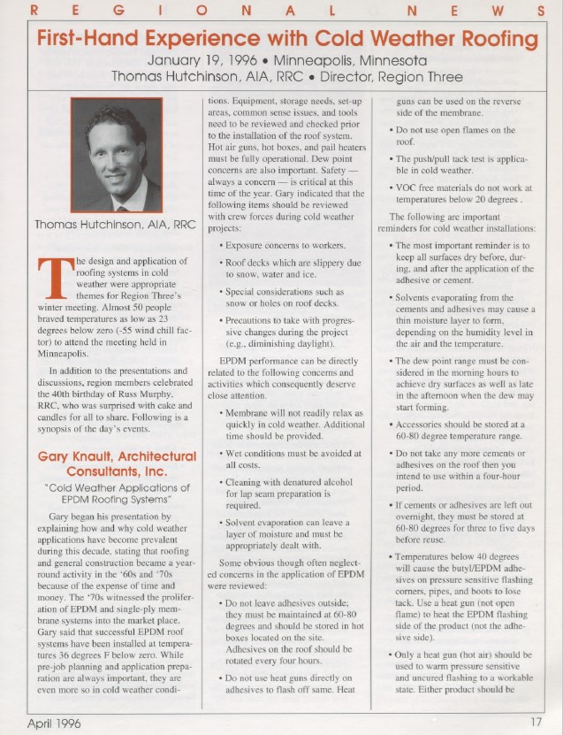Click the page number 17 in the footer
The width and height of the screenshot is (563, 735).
(x=536, y=722)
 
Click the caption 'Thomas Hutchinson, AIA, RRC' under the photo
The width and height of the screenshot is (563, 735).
(x=110, y=224)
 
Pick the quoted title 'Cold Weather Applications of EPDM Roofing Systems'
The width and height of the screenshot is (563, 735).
(x=117, y=494)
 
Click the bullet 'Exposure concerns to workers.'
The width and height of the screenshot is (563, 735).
(x=281, y=243)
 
